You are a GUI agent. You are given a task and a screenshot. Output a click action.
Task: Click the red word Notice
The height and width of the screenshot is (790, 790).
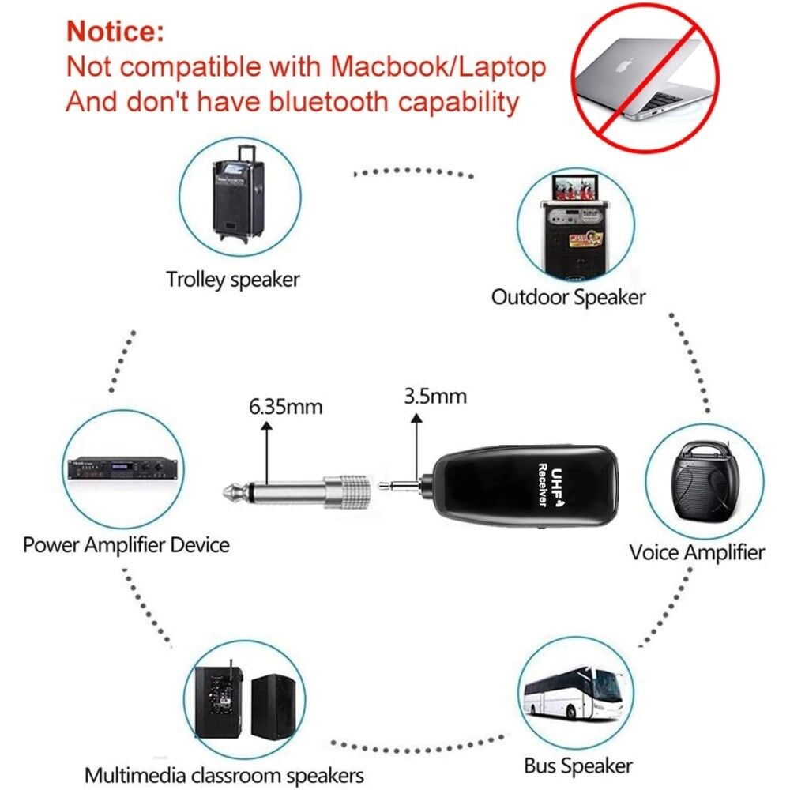click(115, 32)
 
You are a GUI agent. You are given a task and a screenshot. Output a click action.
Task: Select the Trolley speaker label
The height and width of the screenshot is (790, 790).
click(233, 279)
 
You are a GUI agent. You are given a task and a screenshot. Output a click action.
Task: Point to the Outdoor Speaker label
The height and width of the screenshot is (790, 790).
click(568, 297)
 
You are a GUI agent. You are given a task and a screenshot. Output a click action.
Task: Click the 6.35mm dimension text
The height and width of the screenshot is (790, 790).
click(285, 408)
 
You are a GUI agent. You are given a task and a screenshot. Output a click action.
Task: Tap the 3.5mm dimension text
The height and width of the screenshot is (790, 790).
click(434, 396)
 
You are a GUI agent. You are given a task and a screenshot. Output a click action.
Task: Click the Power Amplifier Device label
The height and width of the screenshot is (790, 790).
click(126, 544)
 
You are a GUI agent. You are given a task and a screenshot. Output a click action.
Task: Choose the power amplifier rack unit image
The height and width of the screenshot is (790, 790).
click(119, 472)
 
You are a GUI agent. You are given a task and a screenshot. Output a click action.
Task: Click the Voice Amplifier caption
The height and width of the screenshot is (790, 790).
click(697, 552)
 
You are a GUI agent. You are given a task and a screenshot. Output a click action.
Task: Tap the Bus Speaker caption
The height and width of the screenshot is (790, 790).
click(578, 765)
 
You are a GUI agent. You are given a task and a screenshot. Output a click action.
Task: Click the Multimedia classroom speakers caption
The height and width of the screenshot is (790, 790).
click(224, 773)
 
